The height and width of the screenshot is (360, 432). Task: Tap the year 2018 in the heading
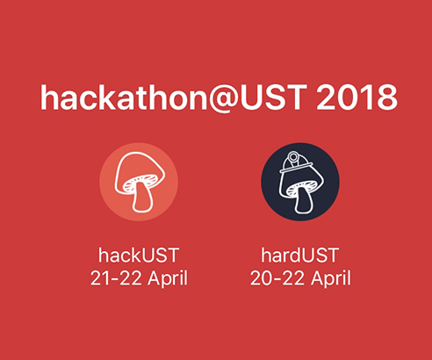click(356, 97)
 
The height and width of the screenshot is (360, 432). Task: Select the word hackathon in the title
click(124, 97)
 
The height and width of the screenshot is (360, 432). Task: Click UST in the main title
click(273, 97)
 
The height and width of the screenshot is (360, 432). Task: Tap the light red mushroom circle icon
click(139, 182)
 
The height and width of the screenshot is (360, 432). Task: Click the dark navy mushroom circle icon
click(300, 182)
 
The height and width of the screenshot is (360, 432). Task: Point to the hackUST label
click(139, 256)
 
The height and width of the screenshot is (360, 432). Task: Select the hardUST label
click(300, 256)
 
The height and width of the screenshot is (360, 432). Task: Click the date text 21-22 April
click(139, 278)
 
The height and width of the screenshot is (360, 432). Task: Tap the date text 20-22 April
click(300, 278)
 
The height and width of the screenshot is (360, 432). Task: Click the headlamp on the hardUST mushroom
click(292, 157)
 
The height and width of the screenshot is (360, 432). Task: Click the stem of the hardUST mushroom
click(304, 200)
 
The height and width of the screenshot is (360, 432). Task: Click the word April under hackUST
click(168, 278)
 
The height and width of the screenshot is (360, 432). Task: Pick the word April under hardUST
click(331, 278)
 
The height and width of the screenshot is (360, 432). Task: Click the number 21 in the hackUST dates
click(100, 278)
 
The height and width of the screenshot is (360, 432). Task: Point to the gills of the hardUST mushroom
click(300, 187)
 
